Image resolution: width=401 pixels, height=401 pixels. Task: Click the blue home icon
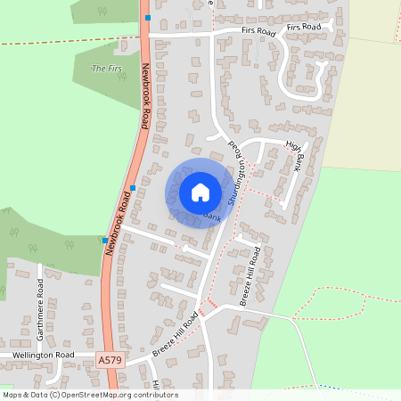(x=200, y=192)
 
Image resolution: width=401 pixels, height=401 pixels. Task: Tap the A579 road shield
(x=109, y=359)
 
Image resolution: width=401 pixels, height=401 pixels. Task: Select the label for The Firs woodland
(x=106, y=68)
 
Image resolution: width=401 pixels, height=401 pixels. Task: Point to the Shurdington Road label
(x=236, y=175)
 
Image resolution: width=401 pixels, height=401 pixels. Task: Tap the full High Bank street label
(x=294, y=157)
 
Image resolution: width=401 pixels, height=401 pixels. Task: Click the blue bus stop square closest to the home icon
(x=133, y=187)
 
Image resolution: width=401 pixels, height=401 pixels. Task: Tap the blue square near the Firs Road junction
(x=148, y=17)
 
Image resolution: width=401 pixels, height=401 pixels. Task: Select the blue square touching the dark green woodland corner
(x=104, y=239)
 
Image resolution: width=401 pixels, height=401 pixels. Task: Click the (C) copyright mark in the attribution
(x=55, y=395)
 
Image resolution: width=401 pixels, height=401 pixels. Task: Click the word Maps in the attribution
(x=12, y=395)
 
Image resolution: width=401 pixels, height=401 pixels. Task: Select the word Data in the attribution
(x=38, y=395)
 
